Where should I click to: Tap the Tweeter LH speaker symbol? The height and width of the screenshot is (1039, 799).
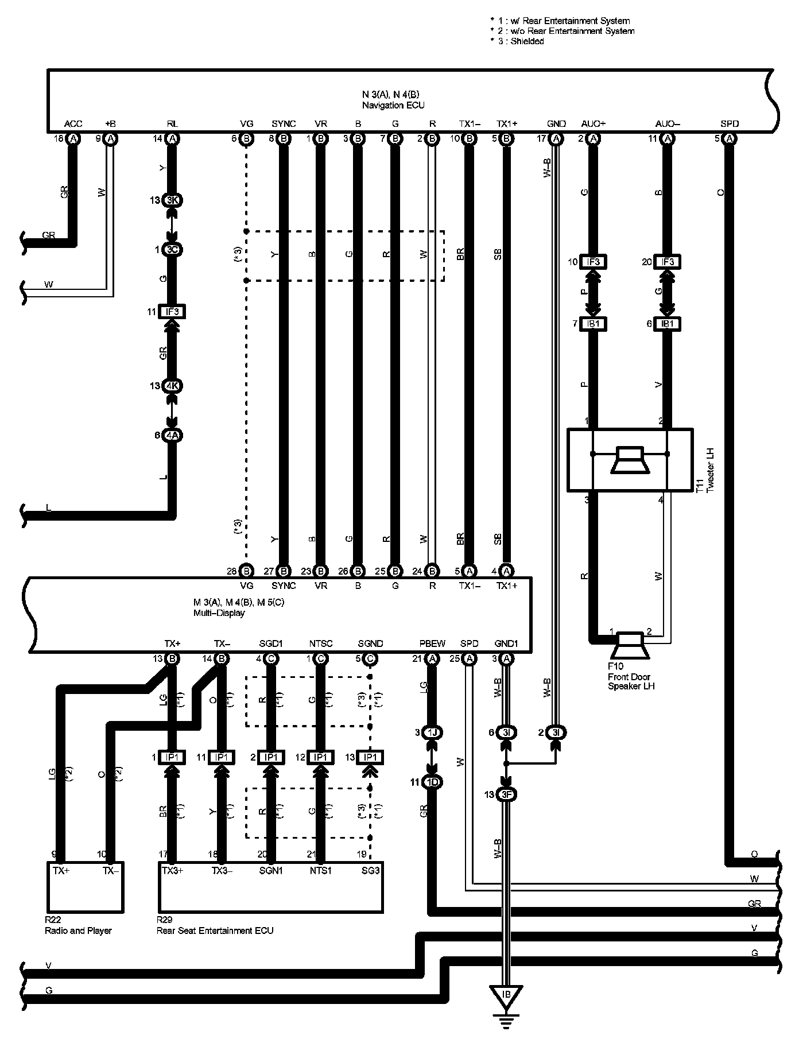tap(630, 459)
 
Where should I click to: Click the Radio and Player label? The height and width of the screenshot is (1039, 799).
tap(78, 931)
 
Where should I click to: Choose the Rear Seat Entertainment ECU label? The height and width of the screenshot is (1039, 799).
tap(215, 931)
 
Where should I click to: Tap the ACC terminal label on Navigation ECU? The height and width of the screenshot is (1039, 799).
tap(73, 123)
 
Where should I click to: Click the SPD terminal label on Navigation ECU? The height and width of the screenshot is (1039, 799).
tap(729, 123)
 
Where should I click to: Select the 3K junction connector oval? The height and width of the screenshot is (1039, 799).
tap(172, 200)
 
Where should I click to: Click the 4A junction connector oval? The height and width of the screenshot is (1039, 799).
tap(172, 436)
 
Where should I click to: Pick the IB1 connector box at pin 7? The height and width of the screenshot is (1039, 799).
tap(592, 324)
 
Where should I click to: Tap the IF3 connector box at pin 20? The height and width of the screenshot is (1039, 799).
tap(667, 262)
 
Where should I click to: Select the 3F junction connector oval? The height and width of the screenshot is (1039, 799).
tap(506, 795)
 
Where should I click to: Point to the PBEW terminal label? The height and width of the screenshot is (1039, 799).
tap(432, 643)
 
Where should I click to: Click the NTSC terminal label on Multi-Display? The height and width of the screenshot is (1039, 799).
tap(320, 643)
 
